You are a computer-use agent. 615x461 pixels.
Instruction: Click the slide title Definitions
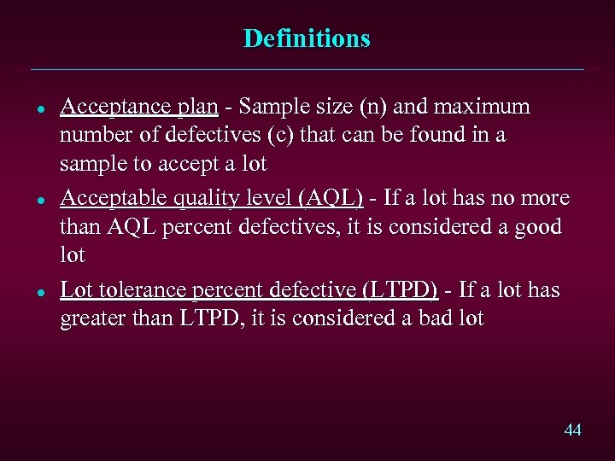tap(307, 38)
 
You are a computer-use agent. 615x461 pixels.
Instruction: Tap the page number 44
tap(572, 429)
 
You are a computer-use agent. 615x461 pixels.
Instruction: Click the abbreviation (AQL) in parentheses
tap(330, 198)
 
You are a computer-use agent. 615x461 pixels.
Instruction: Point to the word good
tap(536, 227)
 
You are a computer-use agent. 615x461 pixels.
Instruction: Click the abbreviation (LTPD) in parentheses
tap(401, 290)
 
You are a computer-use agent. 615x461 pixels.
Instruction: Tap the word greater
tap(90, 319)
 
